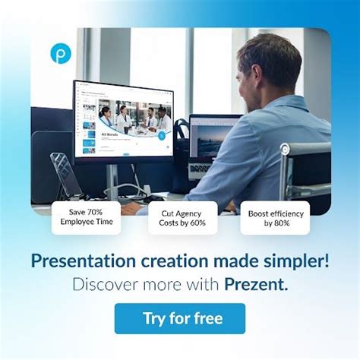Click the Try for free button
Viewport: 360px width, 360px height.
tap(180, 318)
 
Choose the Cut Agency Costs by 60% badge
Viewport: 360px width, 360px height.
tap(182, 217)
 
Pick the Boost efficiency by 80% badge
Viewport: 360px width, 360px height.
tap(275, 218)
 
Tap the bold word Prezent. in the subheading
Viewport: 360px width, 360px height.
tap(256, 285)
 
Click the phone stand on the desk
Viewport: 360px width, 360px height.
tap(65, 175)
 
